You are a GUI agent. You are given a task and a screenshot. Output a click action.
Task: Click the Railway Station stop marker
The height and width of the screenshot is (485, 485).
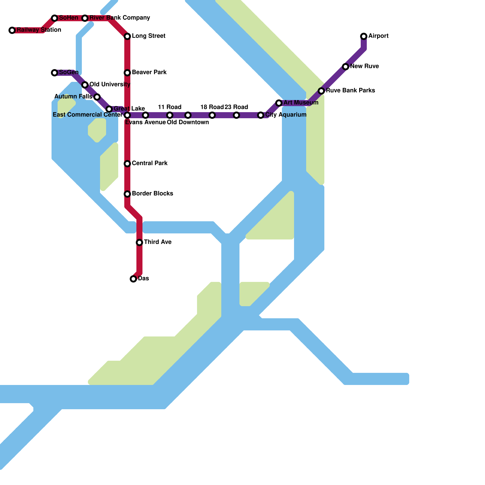pos(12,30)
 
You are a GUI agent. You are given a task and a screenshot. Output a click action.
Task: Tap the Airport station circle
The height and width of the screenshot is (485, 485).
pos(364,36)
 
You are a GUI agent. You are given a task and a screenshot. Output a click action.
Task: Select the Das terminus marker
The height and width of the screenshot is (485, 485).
pos(133,279)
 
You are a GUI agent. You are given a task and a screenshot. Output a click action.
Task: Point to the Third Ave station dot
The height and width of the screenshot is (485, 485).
pos(139,242)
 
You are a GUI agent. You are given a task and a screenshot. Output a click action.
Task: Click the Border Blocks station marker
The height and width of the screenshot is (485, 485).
pos(127,194)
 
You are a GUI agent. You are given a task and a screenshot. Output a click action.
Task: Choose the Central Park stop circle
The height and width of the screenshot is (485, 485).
pos(127,164)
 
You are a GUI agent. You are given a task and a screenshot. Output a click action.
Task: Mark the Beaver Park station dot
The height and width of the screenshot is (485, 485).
pos(127,73)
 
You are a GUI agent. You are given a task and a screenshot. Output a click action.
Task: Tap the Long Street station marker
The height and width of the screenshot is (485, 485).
pos(127,36)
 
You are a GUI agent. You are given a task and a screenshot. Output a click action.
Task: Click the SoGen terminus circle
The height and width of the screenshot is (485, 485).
pos(55,73)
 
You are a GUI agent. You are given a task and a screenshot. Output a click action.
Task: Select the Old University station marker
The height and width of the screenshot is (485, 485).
pos(85,85)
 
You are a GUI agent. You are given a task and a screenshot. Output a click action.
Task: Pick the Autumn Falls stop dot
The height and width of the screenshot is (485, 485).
pos(97,97)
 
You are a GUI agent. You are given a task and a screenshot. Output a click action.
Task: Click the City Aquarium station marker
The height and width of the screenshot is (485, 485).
pos(261,115)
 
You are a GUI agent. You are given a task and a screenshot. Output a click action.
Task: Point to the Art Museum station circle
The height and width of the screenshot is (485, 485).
pos(279,103)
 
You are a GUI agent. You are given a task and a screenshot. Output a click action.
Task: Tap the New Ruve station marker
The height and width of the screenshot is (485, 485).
pos(346,67)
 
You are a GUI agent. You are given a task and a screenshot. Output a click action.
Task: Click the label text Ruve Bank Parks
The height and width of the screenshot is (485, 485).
pos(350,91)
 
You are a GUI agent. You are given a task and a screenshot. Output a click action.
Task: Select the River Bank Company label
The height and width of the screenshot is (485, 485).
pos(119,18)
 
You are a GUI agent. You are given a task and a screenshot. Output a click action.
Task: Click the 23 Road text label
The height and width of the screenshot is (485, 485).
pos(236,107)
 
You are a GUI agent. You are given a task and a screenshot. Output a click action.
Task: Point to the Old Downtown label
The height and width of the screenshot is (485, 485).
pos(188,122)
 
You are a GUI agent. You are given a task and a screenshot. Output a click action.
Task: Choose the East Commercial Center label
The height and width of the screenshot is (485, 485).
pos(88,115)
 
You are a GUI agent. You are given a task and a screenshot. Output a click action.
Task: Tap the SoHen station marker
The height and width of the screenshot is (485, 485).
pos(55,18)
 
